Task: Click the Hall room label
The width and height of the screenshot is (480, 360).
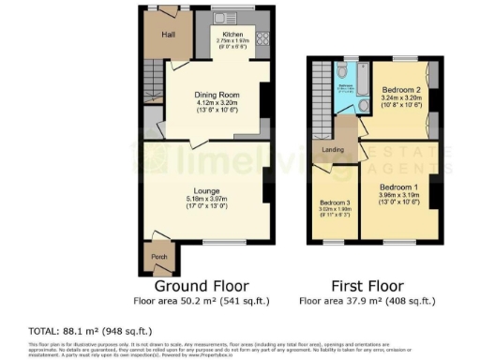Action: (x=169, y=35)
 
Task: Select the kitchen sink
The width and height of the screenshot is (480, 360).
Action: (x=226, y=17)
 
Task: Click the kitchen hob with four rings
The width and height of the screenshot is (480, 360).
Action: (x=261, y=40)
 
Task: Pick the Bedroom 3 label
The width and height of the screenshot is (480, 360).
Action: (x=334, y=202)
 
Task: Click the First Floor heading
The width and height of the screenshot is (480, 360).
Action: (x=367, y=286)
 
